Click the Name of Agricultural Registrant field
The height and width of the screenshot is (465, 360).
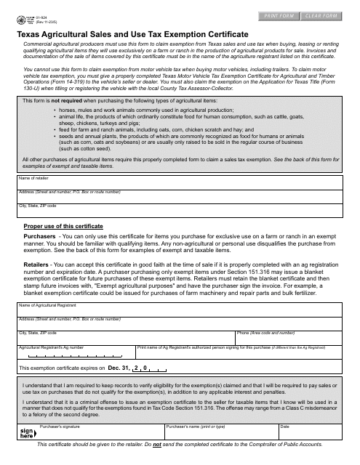tap(179, 311)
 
